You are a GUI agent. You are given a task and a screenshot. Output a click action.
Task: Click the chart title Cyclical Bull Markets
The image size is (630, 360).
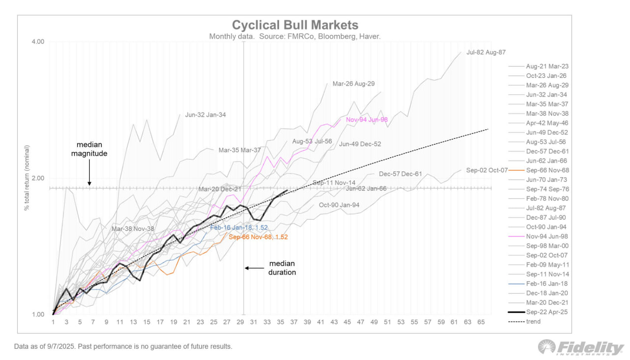(295, 25)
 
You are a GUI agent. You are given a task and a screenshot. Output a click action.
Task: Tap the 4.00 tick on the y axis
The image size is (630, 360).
(38, 42)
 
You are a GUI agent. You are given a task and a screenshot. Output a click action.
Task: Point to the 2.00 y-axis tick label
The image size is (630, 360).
(38, 178)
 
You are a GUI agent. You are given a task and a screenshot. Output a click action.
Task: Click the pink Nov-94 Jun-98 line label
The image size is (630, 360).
(367, 120)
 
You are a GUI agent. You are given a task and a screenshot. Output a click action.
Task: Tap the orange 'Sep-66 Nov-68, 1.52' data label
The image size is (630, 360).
(258, 237)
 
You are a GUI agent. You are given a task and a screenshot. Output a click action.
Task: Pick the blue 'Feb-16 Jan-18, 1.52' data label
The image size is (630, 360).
(239, 228)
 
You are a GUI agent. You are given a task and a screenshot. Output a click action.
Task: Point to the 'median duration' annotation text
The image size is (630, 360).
(282, 268)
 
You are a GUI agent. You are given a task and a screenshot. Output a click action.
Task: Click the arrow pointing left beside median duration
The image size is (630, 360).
(253, 268)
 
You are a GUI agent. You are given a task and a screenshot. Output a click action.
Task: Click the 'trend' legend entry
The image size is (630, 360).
(533, 322)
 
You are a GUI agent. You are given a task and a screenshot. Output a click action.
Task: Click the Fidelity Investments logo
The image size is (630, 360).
(581, 347)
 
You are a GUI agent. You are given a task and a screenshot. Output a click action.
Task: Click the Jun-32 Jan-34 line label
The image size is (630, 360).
(205, 115)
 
